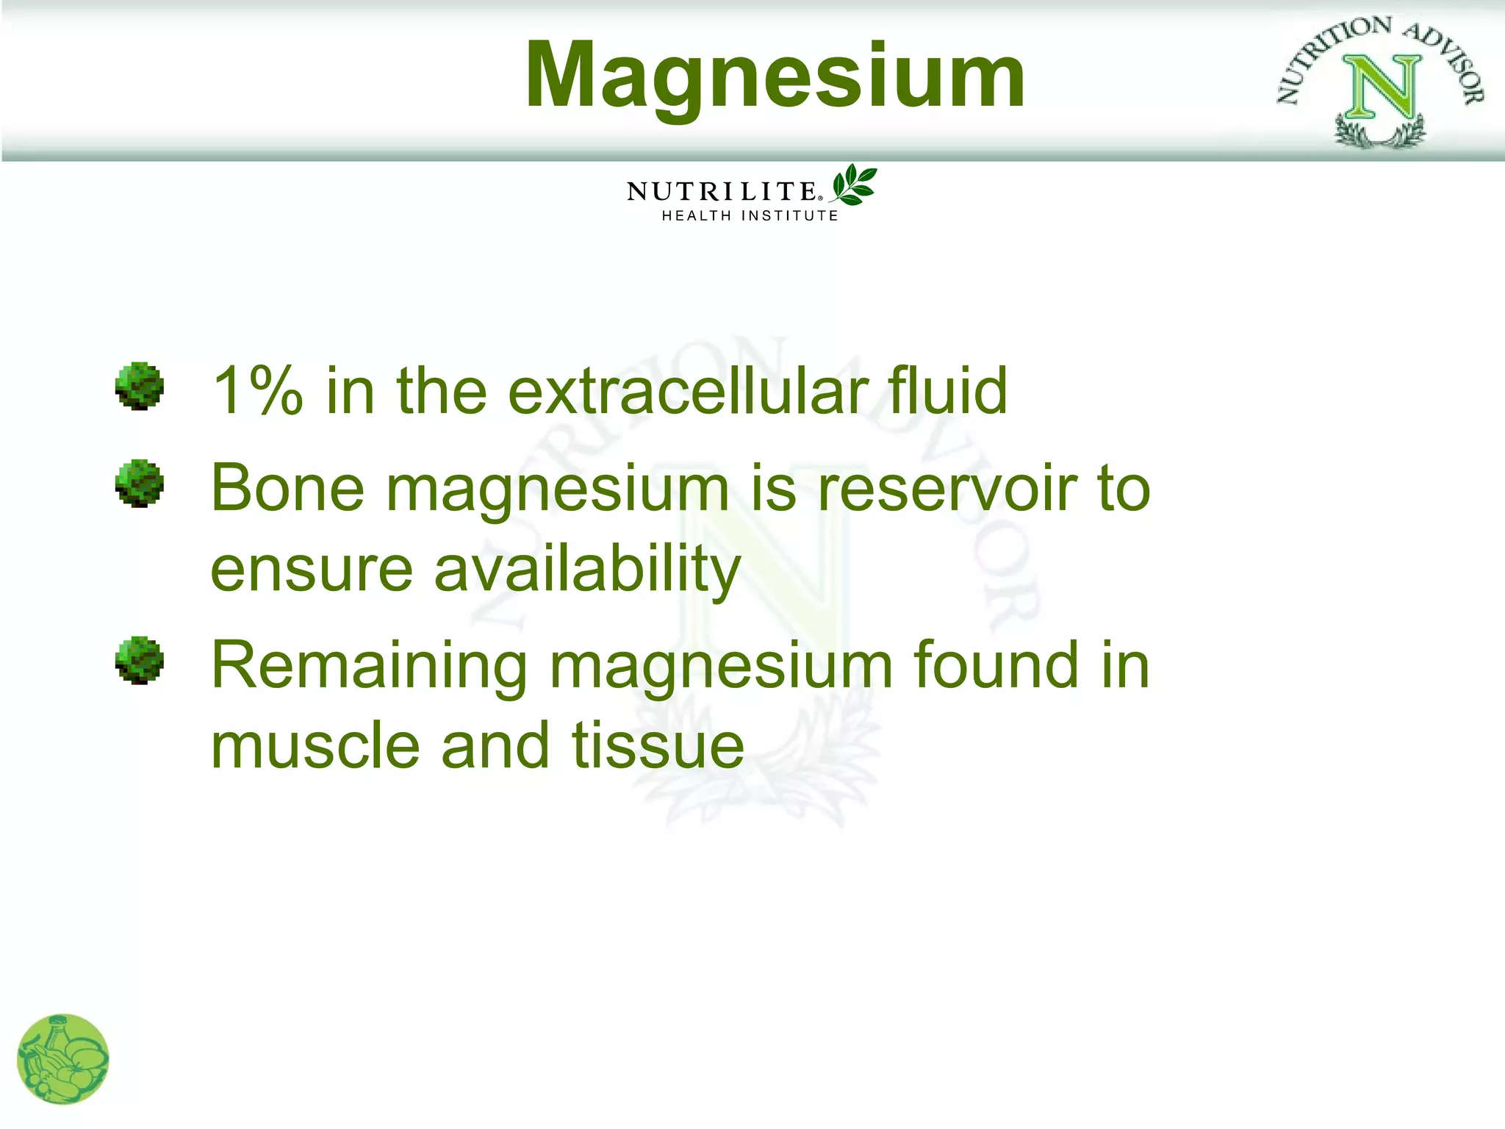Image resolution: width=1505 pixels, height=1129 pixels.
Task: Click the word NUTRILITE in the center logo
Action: click(722, 192)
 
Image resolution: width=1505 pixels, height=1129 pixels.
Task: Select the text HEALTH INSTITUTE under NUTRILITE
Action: click(750, 216)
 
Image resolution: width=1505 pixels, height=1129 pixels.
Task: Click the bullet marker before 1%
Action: click(139, 386)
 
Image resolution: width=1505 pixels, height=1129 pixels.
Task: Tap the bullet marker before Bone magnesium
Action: click(139, 484)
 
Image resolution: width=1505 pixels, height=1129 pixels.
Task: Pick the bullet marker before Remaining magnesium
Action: click(139, 660)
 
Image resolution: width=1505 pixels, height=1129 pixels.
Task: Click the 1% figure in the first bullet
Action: click(256, 391)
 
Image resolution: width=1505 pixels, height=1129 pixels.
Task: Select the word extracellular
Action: click(687, 391)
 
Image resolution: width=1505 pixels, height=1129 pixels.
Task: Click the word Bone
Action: click(287, 489)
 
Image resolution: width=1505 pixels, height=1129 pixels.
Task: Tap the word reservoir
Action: click(947, 489)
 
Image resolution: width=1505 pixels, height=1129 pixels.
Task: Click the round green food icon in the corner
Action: click(63, 1059)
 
